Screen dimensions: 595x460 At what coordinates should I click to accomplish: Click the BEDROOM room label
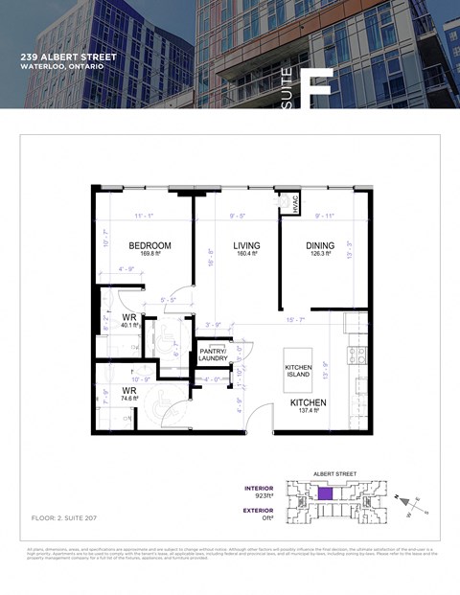pos(149,246)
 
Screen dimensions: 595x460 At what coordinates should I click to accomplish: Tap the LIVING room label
pos(246,246)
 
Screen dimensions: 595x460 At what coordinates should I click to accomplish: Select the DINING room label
pos(320,246)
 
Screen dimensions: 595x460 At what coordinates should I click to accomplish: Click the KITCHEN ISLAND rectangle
pos(299,371)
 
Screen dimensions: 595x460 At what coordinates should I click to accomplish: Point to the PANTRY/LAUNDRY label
pos(213,355)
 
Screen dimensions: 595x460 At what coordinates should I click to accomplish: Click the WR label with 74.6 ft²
pos(128,392)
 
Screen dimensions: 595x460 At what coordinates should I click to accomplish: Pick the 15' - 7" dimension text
pos(296,320)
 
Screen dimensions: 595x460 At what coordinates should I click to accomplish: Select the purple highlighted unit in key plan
pos(326,493)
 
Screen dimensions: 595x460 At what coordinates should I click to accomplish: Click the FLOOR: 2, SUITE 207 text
pos(64,517)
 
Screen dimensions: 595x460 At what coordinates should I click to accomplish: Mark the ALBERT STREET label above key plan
pos(334,473)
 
